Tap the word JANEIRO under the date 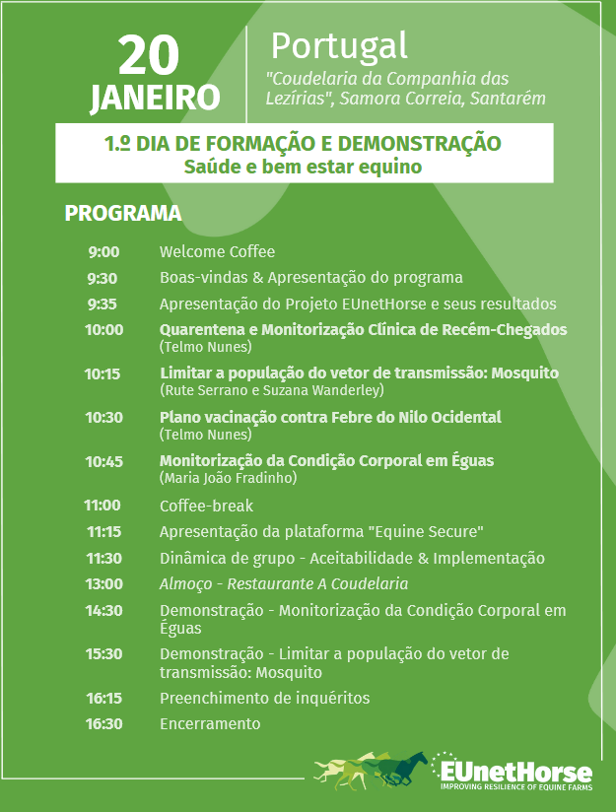[156, 98]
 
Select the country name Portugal [339, 45]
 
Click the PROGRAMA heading [123, 214]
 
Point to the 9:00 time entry [103, 252]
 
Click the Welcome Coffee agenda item [217, 252]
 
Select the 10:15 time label [103, 374]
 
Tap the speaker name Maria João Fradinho [228, 478]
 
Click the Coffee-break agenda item [206, 507]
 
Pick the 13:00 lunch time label [103, 584]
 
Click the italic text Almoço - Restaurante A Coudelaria [284, 584]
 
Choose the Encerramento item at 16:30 [210, 724]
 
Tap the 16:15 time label [103, 699]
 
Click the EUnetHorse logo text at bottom [516, 772]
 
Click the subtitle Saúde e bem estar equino [303, 167]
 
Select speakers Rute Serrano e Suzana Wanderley [271, 390]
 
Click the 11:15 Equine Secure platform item [321, 532]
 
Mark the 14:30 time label [103, 611]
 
